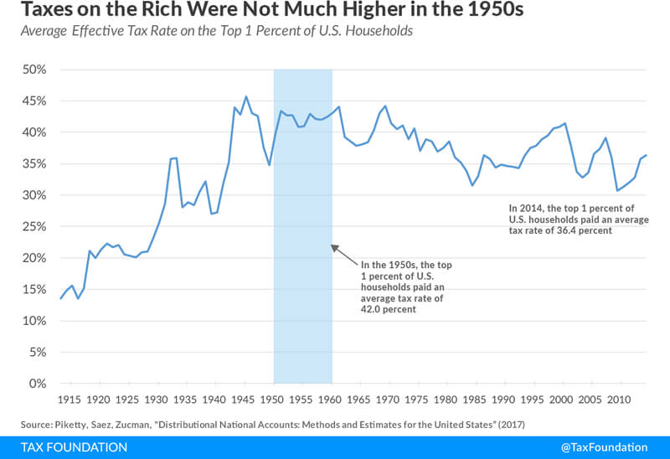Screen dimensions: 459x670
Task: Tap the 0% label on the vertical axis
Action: (35, 384)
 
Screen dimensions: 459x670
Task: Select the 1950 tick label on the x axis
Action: (274, 400)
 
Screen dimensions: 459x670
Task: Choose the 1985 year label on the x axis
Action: (476, 400)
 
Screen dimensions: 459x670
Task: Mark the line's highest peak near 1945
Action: (245, 96)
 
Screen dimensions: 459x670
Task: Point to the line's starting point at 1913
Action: (60, 298)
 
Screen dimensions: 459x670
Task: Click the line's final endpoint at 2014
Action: (647, 155)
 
